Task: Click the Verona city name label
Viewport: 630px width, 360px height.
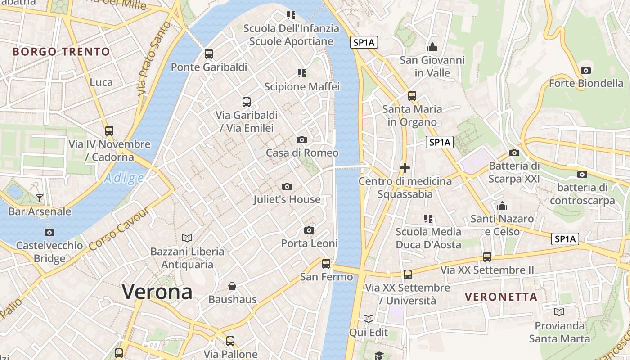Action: point(157,292)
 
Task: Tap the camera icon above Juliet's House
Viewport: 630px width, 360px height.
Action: point(287,186)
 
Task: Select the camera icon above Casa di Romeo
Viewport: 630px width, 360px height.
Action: point(302,139)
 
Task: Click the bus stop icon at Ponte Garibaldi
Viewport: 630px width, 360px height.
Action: point(208,54)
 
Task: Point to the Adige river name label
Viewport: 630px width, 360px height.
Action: point(124,178)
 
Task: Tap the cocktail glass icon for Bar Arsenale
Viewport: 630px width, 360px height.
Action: point(40,198)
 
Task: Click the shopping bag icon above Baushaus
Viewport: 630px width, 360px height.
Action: point(232,286)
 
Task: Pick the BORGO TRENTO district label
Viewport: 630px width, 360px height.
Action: point(61,52)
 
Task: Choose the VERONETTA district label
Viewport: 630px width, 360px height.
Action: point(501,297)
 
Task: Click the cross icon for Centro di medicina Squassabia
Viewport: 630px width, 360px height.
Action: point(405,168)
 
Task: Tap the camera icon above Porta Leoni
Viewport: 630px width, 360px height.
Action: point(309,230)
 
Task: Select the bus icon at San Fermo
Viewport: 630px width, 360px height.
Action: point(326,264)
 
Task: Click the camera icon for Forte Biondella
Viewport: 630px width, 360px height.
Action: point(586,70)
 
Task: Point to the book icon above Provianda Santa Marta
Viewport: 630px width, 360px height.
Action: point(559,312)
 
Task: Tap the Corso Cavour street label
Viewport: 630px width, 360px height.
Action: point(119,230)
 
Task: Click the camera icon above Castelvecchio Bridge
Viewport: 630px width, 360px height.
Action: point(49,233)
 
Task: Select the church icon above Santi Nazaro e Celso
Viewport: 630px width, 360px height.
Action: point(502,206)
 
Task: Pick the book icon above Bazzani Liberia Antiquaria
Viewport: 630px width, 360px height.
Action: point(187,238)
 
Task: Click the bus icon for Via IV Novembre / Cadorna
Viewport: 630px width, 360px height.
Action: point(109,131)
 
